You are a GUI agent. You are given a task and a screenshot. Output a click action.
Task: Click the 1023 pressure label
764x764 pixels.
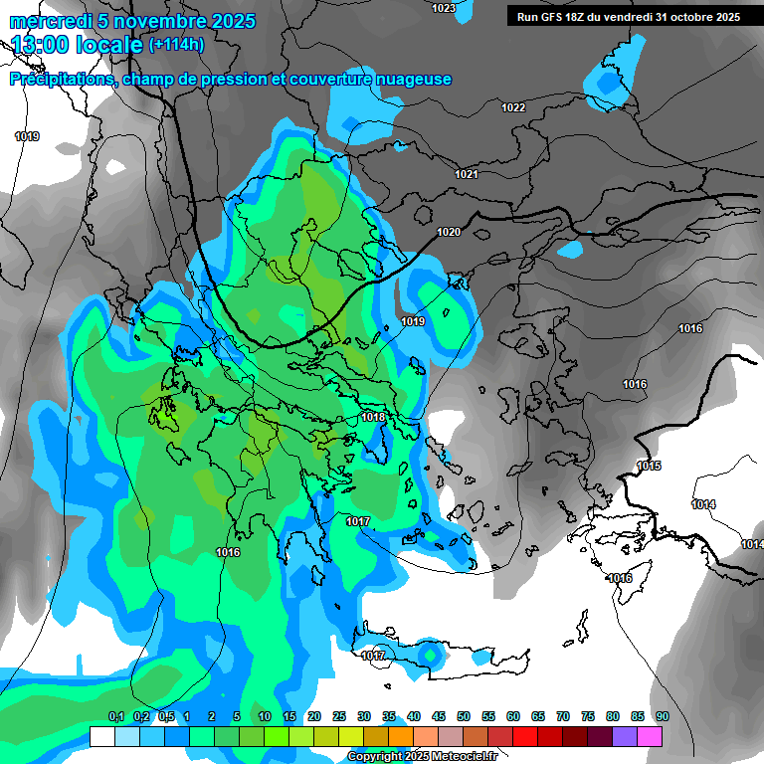(x=444, y=8)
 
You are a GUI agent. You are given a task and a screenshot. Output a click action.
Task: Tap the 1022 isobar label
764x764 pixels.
(x=513, y=107)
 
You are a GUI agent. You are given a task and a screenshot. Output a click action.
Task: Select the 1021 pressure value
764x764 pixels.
(x=467, y=174)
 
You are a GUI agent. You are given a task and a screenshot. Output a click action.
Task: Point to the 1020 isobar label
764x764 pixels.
(x=449, y=232)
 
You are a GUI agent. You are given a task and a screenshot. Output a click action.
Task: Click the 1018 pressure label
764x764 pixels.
(x=374, y=417)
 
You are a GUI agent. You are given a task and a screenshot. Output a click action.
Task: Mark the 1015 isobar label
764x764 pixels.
(x=650, y=467)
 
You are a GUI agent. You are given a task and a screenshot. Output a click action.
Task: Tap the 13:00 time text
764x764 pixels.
(x=51, y=45)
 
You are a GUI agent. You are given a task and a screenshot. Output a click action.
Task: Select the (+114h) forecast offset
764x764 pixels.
(x=176, y=45)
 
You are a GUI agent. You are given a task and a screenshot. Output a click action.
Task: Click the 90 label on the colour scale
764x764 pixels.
(x=662, y=716)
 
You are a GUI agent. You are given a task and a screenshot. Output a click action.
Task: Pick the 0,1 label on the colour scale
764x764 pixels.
(x=116, y=716)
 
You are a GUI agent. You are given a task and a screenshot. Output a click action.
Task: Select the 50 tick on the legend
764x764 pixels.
(x=464, y=716)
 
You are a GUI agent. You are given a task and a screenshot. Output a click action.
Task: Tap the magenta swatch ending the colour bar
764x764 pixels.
(x=651, y=736)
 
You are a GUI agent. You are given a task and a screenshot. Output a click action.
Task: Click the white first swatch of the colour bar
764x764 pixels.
(x=101, y=736)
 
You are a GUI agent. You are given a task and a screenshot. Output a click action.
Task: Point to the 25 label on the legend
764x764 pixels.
(x=339, y=716)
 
